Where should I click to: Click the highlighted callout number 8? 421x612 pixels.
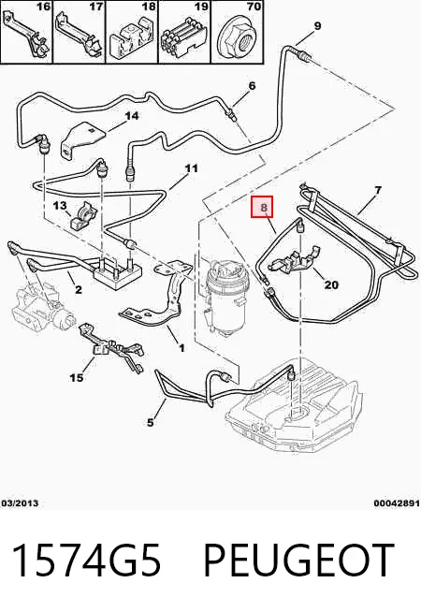(264, 207)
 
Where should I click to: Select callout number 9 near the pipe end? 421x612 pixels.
(317, 26)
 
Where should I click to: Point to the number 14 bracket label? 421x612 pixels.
(132, 116)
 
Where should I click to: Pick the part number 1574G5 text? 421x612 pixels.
(86, 560)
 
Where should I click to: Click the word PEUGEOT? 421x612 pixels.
(298, 560)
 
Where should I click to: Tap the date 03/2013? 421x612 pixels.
(21, 503)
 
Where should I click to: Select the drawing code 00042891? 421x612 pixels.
(397, 503)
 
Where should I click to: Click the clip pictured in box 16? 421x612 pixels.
(26, 35)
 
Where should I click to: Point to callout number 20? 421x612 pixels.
(331, 285)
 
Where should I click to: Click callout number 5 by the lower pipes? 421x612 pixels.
(151, 422)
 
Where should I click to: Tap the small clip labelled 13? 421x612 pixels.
(82, 217)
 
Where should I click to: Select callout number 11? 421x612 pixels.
(191, 168)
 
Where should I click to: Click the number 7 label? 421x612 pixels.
(378, 190)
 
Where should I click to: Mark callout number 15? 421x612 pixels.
(77, 377)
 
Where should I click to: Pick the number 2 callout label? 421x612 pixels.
(79, 289)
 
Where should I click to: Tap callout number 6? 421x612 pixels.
(252, 85)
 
